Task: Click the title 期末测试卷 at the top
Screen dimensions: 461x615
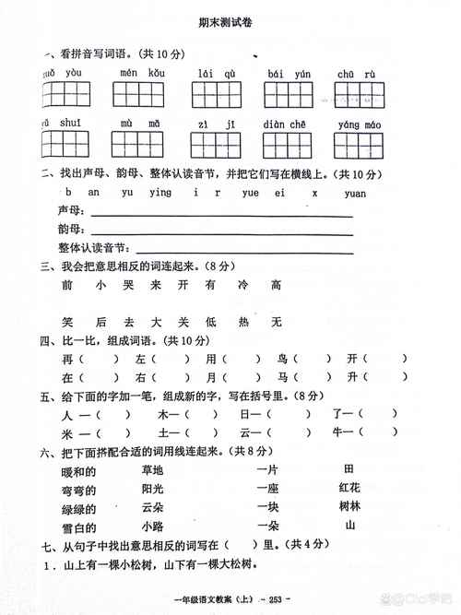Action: (230, 26)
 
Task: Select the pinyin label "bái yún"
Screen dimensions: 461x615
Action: (288, 72)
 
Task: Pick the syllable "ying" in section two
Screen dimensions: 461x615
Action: (160, 194)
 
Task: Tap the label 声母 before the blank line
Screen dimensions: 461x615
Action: (69, 211)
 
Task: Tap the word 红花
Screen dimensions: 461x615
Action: (349, 489)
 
